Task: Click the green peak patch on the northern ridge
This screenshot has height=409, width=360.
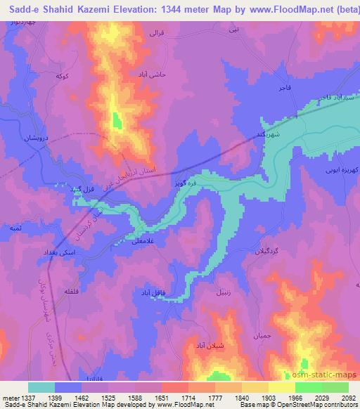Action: click(116, 121)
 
